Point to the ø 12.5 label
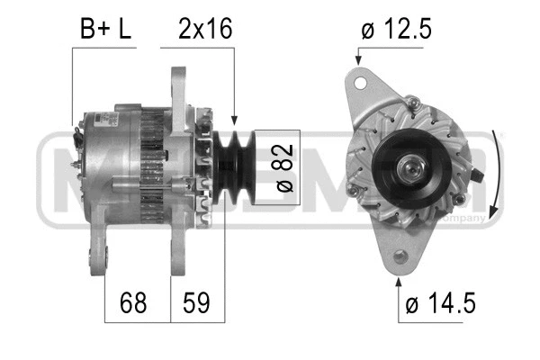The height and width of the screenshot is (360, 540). (x=396, y=29)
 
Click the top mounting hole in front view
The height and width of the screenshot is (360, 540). (x=362, y=84)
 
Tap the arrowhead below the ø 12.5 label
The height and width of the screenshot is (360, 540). (x=359, y=60)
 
